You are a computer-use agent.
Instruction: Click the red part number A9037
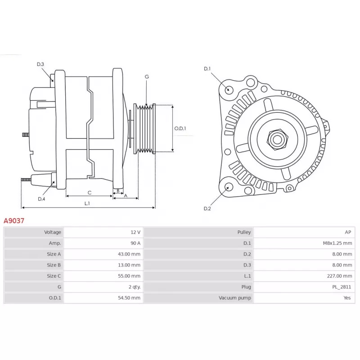pos(14,220)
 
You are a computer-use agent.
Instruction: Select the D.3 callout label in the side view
pos(40,64)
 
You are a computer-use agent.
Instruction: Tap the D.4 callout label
pos(41,199)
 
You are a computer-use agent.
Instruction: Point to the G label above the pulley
pos(147,76)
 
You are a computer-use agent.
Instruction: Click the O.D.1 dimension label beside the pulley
pos(180,128)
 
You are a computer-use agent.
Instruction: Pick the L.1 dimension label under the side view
pos(87,203)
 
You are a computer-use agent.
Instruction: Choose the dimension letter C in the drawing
pos(90,193)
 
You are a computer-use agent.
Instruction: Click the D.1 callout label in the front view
pos(207,69)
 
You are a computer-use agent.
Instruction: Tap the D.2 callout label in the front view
pos(207,208)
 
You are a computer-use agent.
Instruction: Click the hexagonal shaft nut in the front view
pos(277,139)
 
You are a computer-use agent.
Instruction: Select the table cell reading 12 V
pos(135,232)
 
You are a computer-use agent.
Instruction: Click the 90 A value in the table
pos(135,243)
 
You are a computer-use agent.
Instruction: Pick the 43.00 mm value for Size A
pos(129,254)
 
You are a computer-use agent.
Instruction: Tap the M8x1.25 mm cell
pos(337,243)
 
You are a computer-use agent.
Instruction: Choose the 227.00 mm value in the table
pos(340,276)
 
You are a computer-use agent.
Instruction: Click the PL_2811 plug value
pos(342,287)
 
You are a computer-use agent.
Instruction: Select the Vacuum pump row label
pos(235,298)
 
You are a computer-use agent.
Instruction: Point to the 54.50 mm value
pos(129,298)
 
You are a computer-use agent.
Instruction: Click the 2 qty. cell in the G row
pos(135,287)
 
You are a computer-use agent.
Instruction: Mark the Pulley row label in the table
pos(244,232)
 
